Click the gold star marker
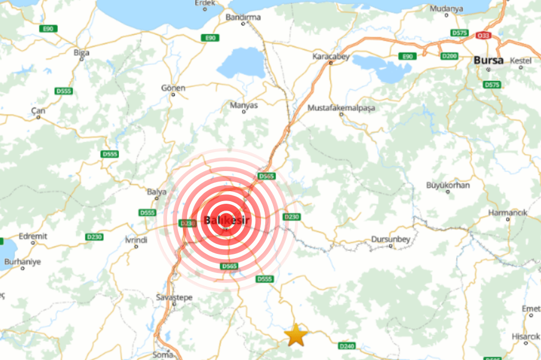click(x=296, y=335)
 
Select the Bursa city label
click(x=488, y=60)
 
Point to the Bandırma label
click(x=243, y=17)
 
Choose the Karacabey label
click(x=331, y=56)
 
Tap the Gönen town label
click(x=174, y=88)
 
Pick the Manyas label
click(x=244, y=105)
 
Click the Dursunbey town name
click(x=391, y=239)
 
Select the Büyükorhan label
click(x=447, y=185)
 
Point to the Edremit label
click(x=33, y=236)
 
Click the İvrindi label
click(x=136, y=240)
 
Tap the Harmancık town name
click(x=508, y=213)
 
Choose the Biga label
click(x=82, y=52)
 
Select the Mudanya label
click(x=446, y=8)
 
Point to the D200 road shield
click(x=449, y=56)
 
